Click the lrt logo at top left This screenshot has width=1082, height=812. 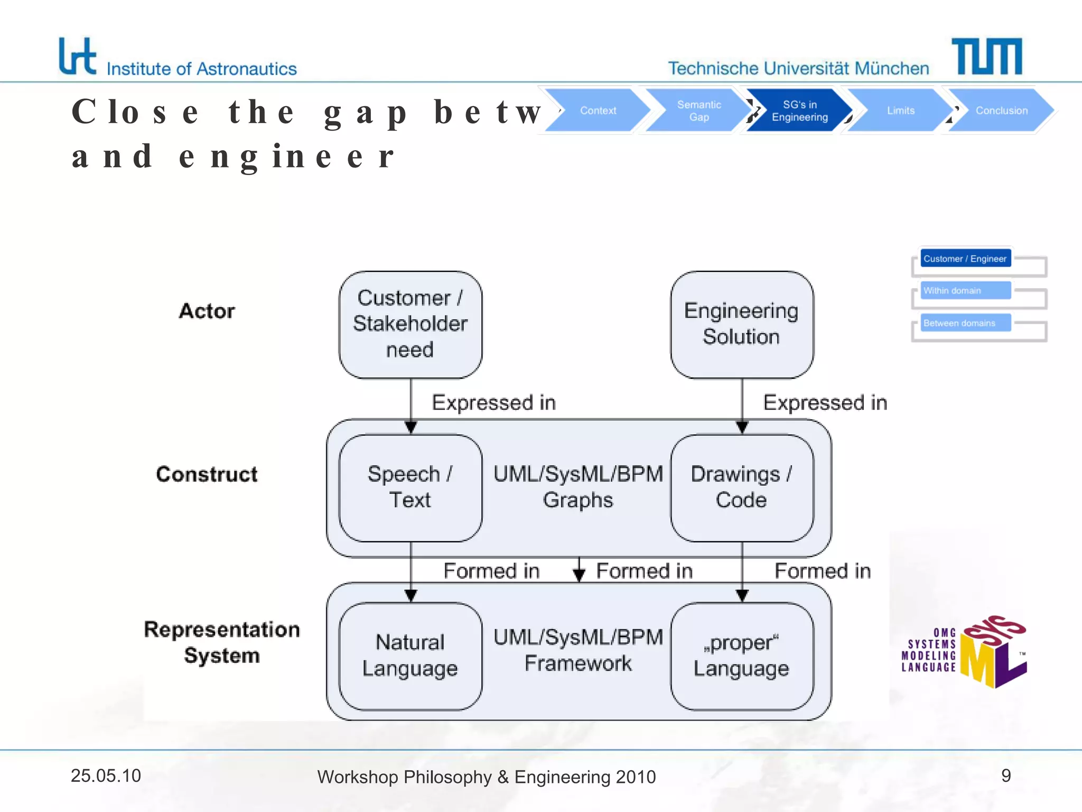(x=78, y=56)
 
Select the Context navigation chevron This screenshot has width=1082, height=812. (x=598, y=110)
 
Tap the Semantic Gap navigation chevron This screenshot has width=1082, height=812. (x=698, y=110)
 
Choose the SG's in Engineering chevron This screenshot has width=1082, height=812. (x=799, y=110)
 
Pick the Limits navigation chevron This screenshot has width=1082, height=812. (x=900, y=110)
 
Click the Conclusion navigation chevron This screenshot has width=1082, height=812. (x=1001, y=110)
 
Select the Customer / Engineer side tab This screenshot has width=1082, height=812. (x=965, y=259)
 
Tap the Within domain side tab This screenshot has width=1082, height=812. (x=965, y=290)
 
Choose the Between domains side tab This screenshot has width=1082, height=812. (x=965, y=322)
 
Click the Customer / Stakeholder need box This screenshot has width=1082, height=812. (x=410, y=324)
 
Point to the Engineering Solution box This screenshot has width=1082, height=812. (x=741, y=324)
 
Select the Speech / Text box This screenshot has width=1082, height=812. (x=410, y=487)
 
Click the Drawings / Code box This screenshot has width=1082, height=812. (x=741, y=487)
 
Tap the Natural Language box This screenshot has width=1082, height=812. (x=410, y=656)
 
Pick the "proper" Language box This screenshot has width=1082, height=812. (x=741, y=656)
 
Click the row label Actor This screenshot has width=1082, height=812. (x=207, y=311)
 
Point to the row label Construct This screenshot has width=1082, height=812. (x=207, y=474)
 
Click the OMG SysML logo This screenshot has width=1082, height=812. (x=964, y=652)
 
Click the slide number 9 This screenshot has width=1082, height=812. (x=1005, y=776)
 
